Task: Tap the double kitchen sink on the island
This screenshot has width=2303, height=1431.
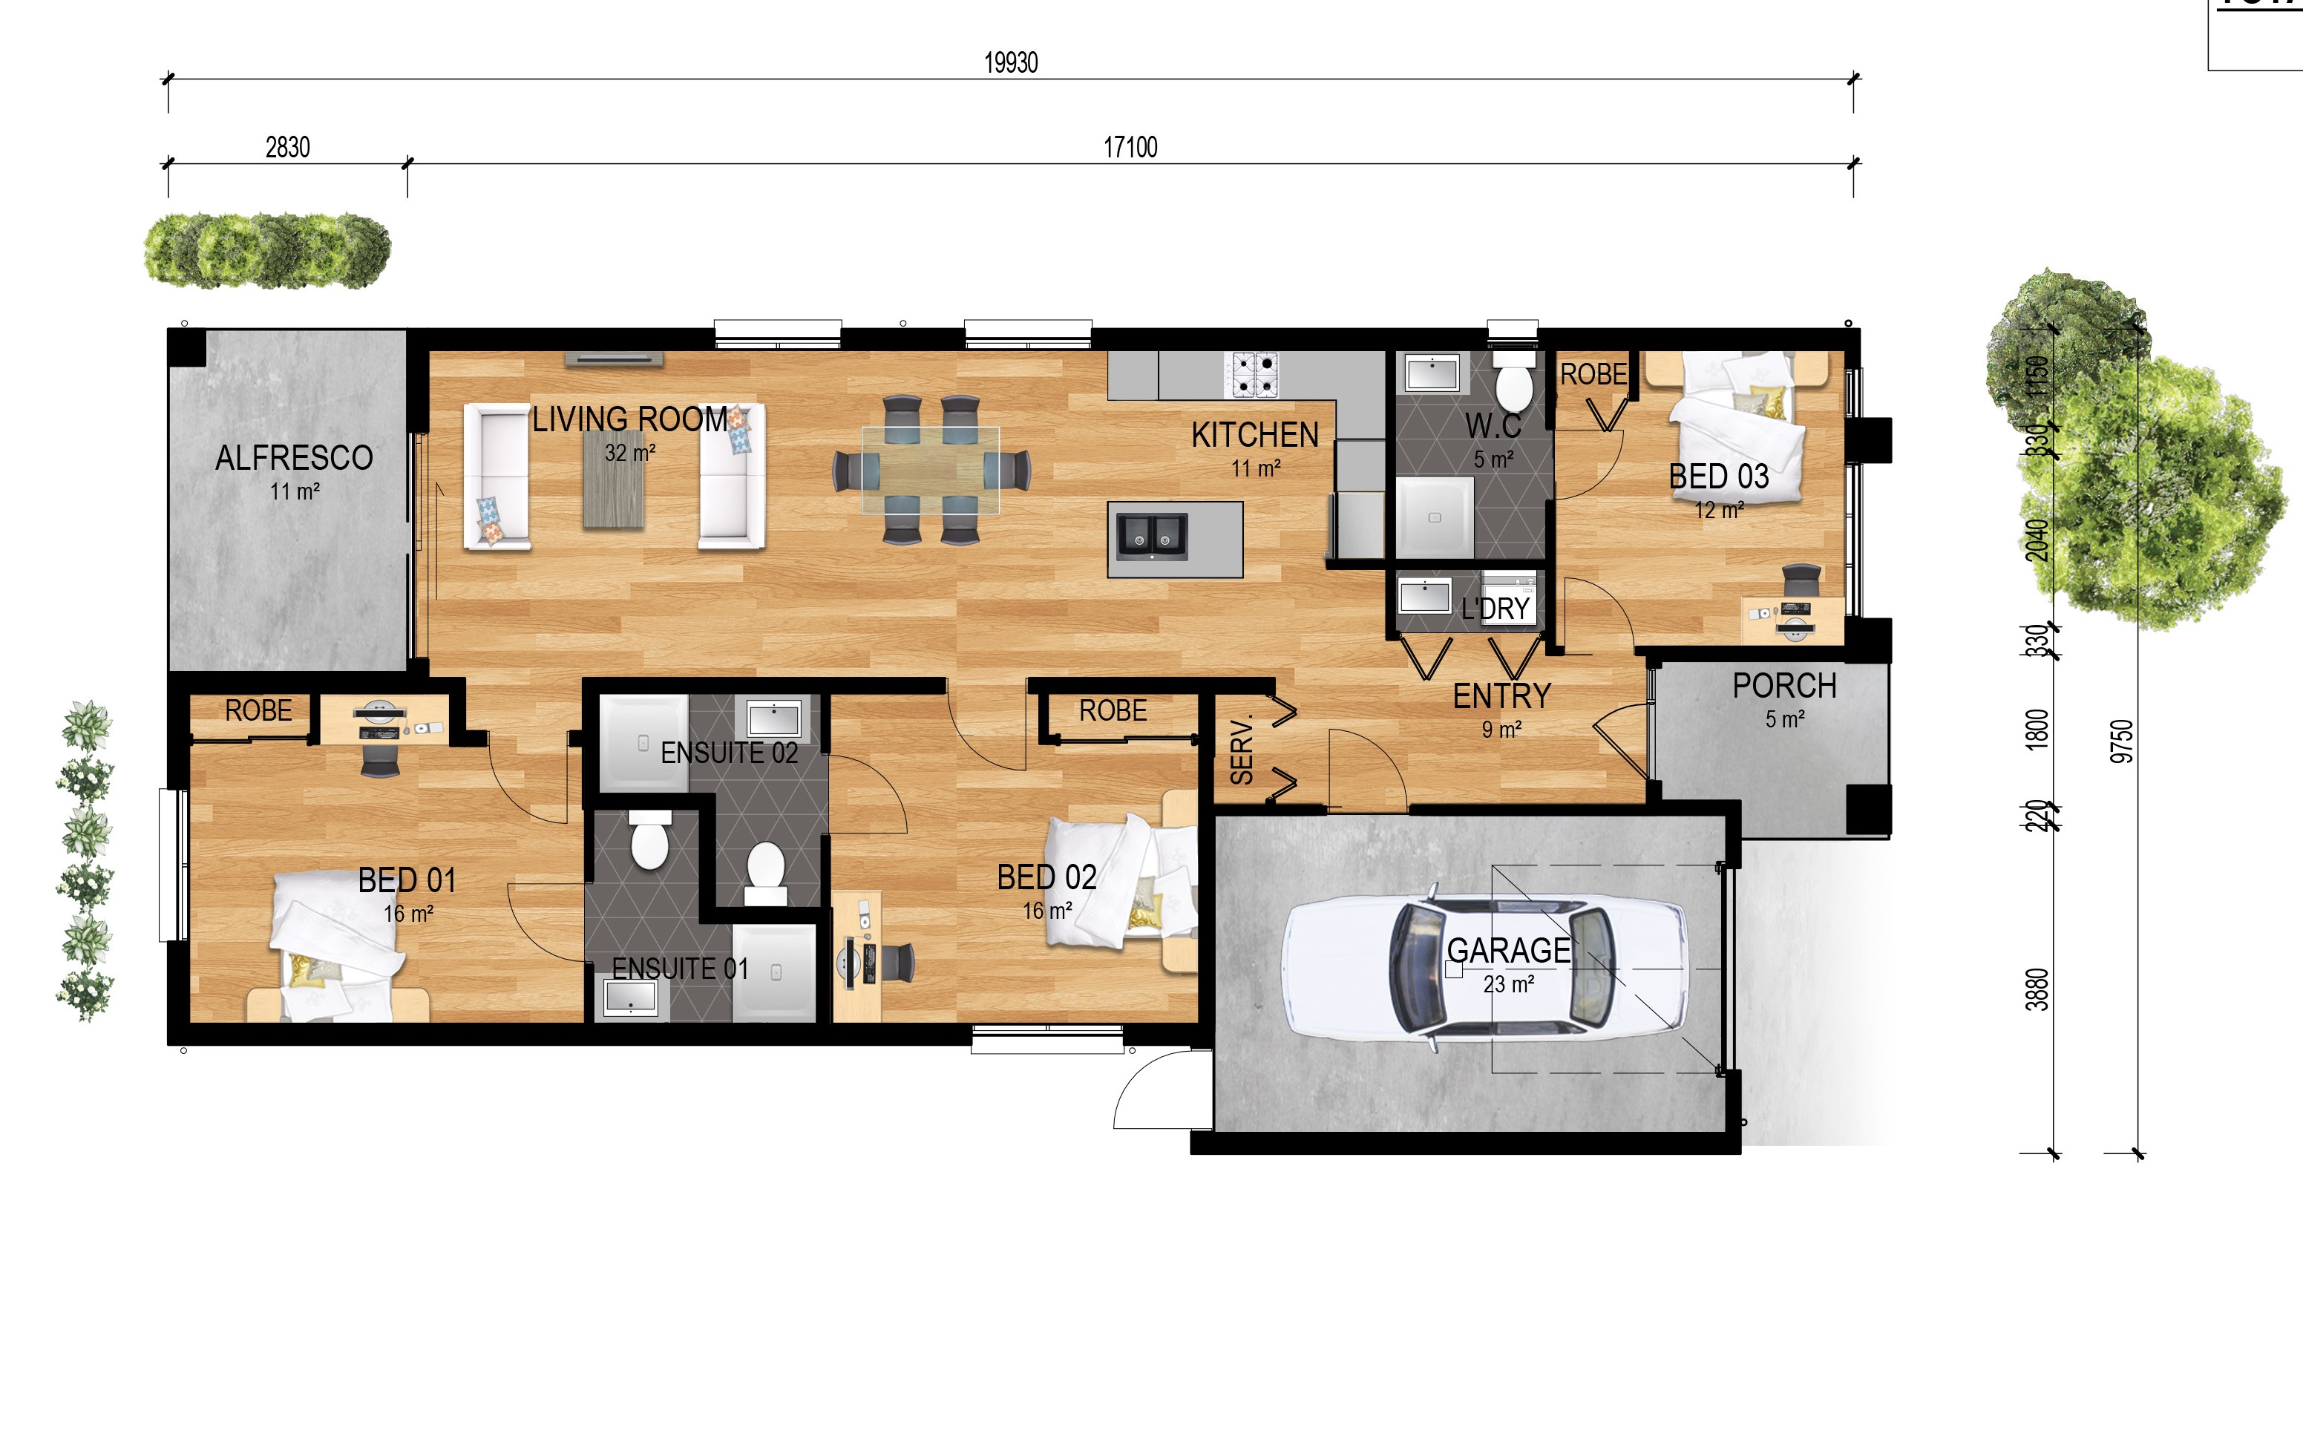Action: point(1152,537)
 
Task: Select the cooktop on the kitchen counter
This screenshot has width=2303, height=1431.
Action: point(1254,375)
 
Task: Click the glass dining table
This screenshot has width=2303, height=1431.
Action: point(930,471)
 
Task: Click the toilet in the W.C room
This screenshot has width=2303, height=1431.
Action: point(1514,382)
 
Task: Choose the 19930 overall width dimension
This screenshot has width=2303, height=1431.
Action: point(1011,62)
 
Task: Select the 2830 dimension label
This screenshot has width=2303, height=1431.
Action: point(288,148)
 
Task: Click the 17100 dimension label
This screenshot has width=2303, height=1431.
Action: point(1130,148)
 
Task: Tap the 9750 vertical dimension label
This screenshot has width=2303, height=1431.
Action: point(2123,740)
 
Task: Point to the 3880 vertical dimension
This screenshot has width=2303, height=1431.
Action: point(2037,989)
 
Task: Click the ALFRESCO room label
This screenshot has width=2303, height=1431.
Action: point(293,458)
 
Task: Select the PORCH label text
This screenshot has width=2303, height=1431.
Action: point(1784,686)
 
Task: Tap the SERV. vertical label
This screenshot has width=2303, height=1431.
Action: point(1242,750)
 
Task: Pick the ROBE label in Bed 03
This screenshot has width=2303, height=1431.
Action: point(1593,375)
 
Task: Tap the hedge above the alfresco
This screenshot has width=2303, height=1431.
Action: point(268,251)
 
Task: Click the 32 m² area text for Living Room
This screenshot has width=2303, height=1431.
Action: point(630,453)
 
